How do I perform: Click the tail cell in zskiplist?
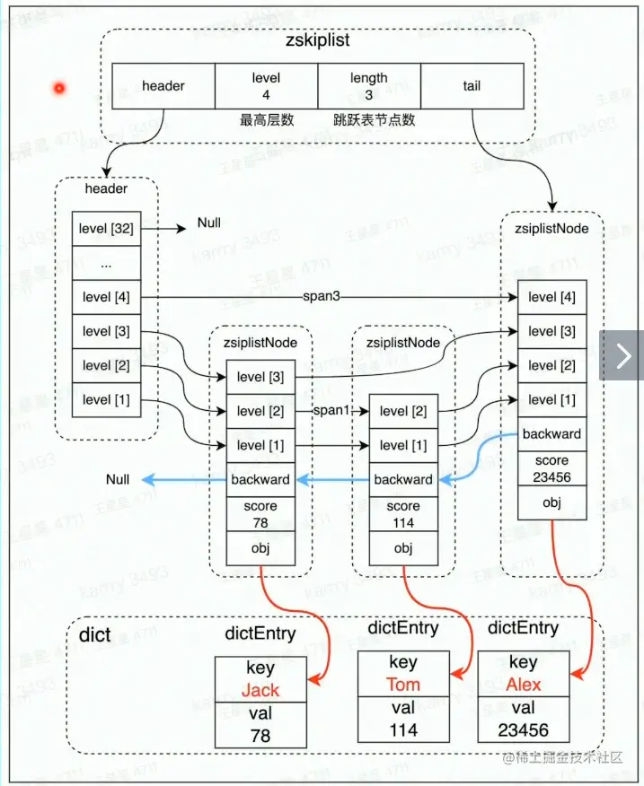pyautogui.click(x=472, y=86)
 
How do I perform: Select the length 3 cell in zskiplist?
pyautogui.click(x=369, y=86)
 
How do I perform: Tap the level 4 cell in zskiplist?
pyautogui.click(x=266, y=86)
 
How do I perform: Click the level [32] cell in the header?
pyautogui.click(x=108, y=229)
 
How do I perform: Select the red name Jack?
pyautogui.click(x=260, y=691)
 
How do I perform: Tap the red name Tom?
pyautogui.click(x=403, y=685)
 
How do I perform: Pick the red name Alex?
pyautogui.click(x=524, y=685)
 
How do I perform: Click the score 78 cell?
pyautogui.click(x=260, y=514)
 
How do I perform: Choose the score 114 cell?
pyautogui.click(x=403, y=514)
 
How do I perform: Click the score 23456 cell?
pyautogui.click(x=551, y=468)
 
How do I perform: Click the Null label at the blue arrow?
pyautogui.click(x=118, y=480)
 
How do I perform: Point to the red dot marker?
pyautogui.click(x=60, y=88)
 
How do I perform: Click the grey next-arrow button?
pyautogui.click(x=622, y=355)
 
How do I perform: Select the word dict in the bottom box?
pyautogui.click(x=95, y=635)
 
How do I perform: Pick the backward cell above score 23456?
pyautogui.click(x=551, y=434)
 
